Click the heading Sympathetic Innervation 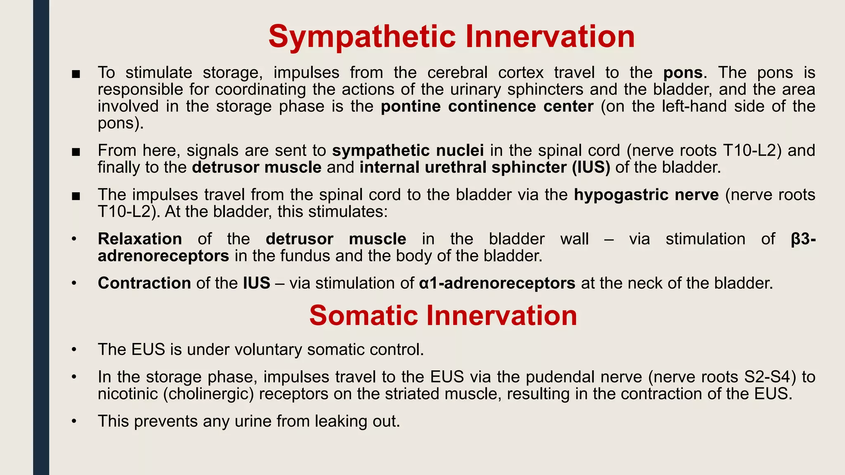coord(451,37)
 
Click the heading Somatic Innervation coord(443,316)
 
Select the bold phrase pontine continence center coord(487,106)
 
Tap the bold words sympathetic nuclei coord(408,150)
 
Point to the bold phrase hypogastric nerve coord(646,195)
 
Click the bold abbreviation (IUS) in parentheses coord(591,167)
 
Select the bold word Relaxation coord(140,239)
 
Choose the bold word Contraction coord(144,283)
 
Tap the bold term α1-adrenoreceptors coord(497,283)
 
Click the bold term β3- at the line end coord(803,239)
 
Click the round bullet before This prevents coord(74,421)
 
